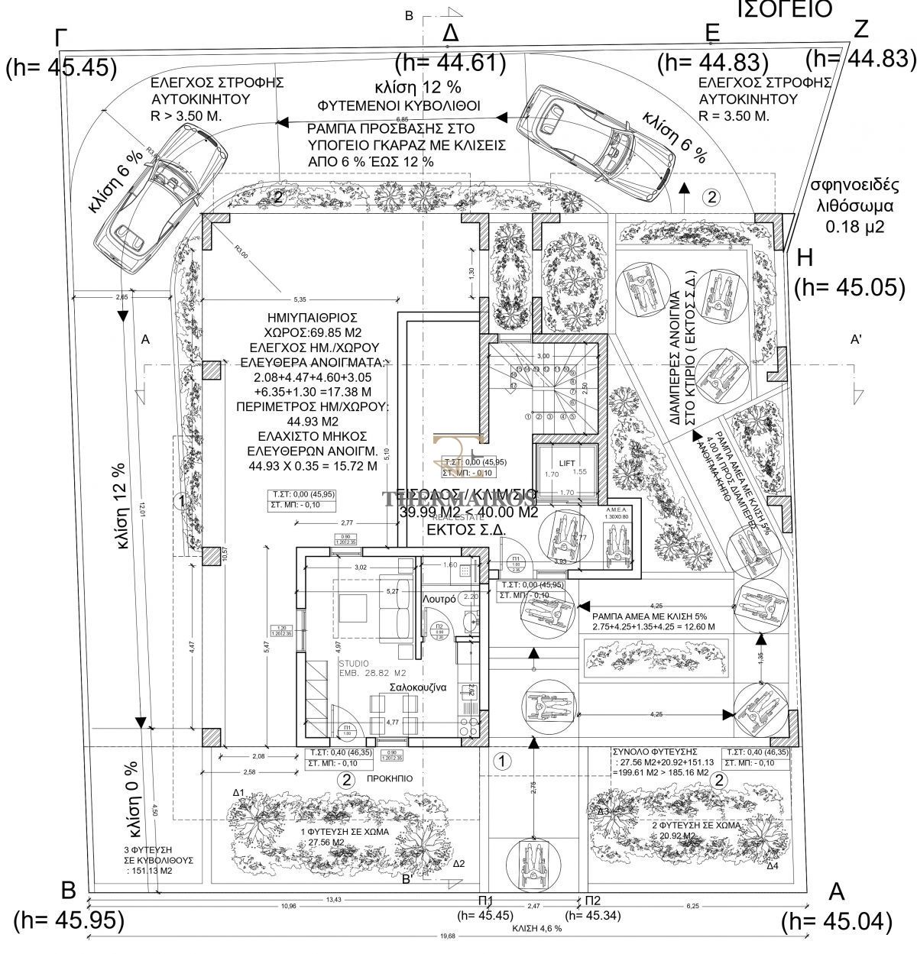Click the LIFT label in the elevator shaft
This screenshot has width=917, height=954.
coord(566,464)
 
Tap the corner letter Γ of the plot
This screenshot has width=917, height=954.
coord(61,38)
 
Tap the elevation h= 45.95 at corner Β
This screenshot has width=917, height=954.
coord(69,920)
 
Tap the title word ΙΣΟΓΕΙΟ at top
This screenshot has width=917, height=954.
coord(784,9)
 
